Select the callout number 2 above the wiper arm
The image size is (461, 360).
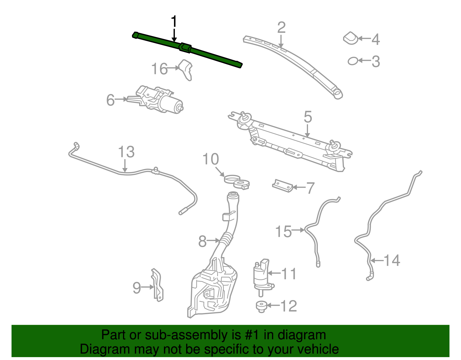pyautogui.click(x=281, y=28)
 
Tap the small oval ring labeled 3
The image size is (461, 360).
pyautogui.click(x=353, y=61)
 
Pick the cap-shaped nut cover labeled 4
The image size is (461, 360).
pyautogui.click(x=351, y=38)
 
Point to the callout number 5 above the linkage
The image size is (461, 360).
pyautogui.click(x=308, y=117)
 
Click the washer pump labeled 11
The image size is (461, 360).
pyautogui.click(x=262, y=275)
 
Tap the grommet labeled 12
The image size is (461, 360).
pyautogui.click(x=261, y=306)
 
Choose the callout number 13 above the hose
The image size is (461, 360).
pyautogui.click(x=126, y=152)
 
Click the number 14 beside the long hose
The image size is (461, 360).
pyautogui.click(x=392, y=261)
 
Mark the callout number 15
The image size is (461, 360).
pyautogui.click(x=284, y=231)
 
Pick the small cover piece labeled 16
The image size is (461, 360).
pyautogui.click(x=186, y=70)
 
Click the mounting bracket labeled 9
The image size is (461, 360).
pyautogui.click(x=157, y=285)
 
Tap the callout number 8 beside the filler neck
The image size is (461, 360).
pyautogui.click(x=203, y=241)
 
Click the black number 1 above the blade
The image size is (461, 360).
pyautogui.click(x=174, y=22)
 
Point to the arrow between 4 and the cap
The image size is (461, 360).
pyautogui.click(x=364, y=38)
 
